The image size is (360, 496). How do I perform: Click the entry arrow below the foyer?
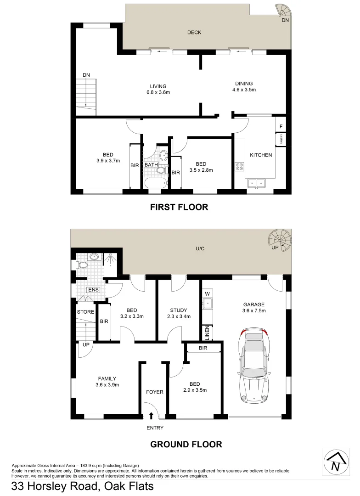152,416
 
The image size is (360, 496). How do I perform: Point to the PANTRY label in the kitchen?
279,139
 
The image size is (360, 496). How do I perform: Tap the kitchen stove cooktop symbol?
239,167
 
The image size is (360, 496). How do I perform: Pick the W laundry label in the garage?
208,293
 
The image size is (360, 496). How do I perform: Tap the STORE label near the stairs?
85,312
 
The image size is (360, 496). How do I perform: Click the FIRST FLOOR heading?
179,207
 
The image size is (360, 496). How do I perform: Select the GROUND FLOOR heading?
186,444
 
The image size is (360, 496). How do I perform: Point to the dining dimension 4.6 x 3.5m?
244,90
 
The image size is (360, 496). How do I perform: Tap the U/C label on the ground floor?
199,248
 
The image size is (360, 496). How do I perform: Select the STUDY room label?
179,310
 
